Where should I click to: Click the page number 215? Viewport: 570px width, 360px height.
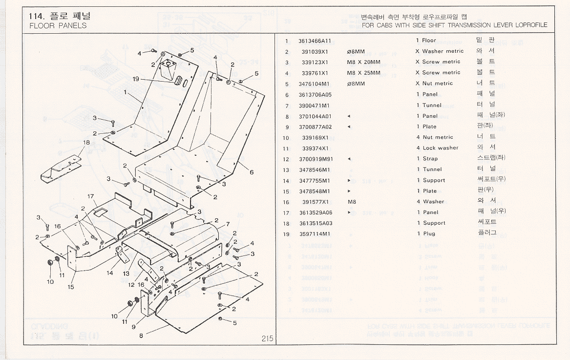[267, 339]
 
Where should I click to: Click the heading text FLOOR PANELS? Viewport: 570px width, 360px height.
[58, 25]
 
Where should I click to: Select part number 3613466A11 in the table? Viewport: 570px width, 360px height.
[315, 41]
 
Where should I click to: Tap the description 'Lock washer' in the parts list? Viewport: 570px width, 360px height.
[441, 148]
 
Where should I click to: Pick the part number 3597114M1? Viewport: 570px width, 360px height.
[315, 234]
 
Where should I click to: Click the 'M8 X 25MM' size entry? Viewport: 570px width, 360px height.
[363, 73]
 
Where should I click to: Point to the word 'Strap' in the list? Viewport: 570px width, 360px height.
[430, 159]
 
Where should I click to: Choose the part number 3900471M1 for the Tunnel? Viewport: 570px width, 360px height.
[315, 106]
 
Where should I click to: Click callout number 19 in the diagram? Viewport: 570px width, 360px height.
[136, 79]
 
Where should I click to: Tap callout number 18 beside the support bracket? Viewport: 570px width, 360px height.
[86, 143]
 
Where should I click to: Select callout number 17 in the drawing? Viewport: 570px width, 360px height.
[90, 196]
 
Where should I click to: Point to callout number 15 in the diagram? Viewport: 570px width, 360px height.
[71, 287]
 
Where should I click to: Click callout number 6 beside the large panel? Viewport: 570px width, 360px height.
[252, 172]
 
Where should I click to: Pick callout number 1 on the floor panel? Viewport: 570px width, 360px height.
[126, 91]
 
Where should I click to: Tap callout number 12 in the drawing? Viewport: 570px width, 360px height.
[131, 285]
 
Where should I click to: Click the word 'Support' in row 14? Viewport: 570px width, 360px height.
[434, 180]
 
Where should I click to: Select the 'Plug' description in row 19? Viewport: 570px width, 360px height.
[429, 234]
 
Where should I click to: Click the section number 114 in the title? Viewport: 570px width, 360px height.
[37, 16]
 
